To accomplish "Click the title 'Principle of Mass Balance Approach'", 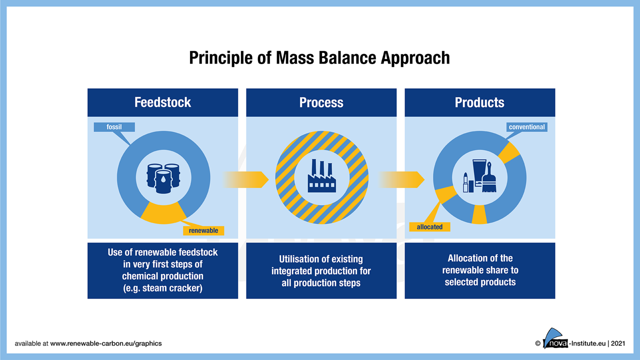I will click(x=319, y=58).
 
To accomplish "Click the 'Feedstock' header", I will click(x=162, y=102).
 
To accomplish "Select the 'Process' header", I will click(x=321, y=102).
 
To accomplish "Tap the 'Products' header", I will click(x=479, y=102).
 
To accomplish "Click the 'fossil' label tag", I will click(x=114, y=127).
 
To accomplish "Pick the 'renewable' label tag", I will click(x=203, y=230).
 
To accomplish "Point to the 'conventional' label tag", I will click(x=526, y=127).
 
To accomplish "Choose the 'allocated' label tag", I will click(x=429, y=227).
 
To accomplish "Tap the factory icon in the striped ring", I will click(x=321, y=176).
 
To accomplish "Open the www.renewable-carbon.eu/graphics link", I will click(x=106, y=343).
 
